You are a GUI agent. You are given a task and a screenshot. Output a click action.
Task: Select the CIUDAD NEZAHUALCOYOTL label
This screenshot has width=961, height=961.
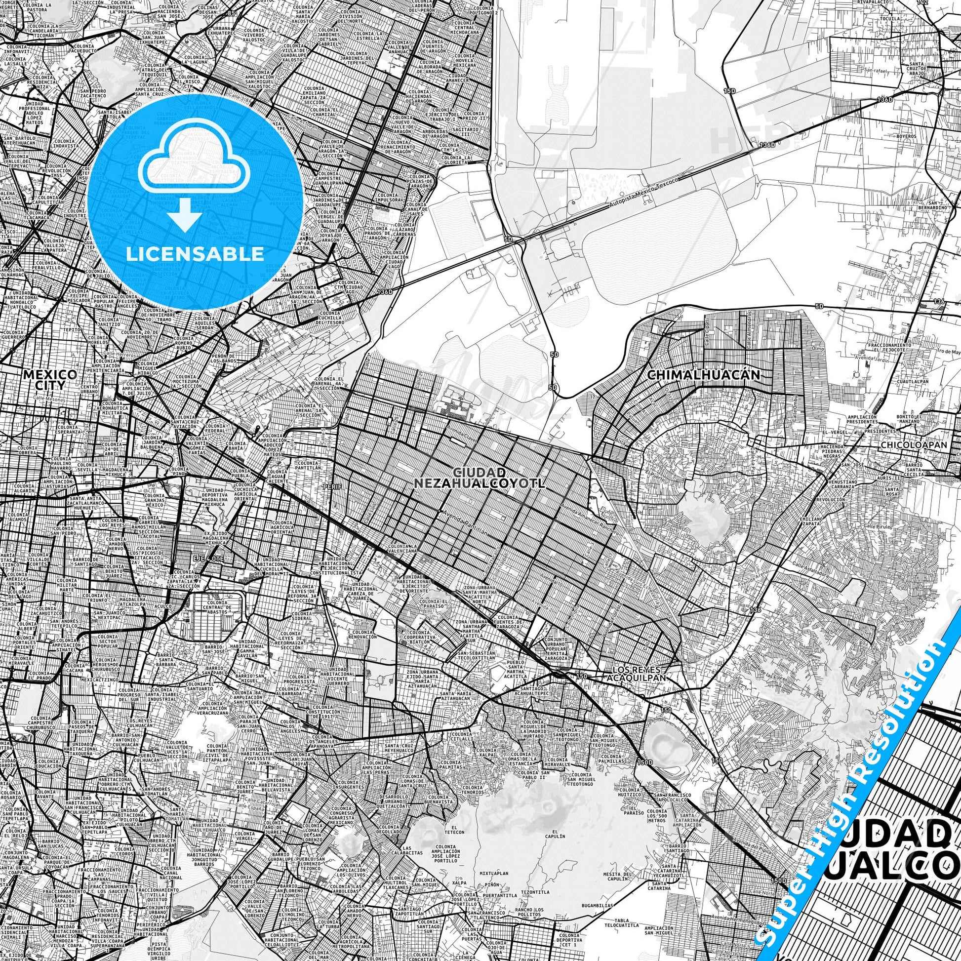(480, 477)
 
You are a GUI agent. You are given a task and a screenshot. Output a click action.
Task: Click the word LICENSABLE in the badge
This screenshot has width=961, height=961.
(195, 254)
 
